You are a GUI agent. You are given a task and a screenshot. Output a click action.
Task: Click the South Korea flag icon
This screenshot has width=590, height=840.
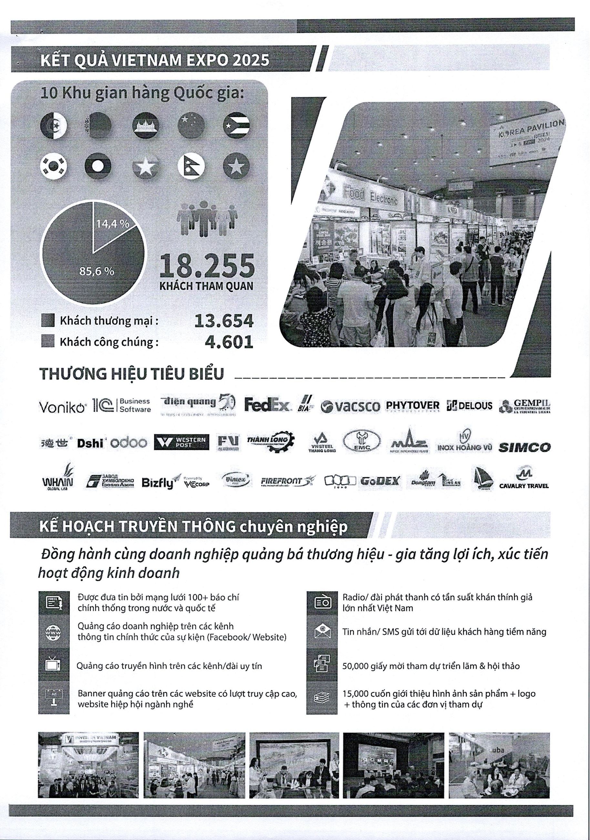[x=54, y=166]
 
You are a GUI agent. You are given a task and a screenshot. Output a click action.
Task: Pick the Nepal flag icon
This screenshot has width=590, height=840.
[x=191, y=166]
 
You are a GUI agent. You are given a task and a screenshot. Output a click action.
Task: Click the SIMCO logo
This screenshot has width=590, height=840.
[x=524, y=447]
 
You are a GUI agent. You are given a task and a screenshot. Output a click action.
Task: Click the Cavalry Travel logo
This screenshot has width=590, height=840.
[x=524, y=480]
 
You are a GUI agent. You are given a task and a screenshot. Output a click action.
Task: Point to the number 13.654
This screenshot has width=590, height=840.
[x=224, y=321]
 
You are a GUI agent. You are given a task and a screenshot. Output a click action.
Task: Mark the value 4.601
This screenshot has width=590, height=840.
[x=229, y=342]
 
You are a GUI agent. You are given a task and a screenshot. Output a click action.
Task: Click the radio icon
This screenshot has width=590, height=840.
[x=322, y=603]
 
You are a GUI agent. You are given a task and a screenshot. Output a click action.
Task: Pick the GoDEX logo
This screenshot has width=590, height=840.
[x=380, y=481]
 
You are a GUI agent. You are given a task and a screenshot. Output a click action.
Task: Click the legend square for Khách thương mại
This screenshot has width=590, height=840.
[x=48, y=320]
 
